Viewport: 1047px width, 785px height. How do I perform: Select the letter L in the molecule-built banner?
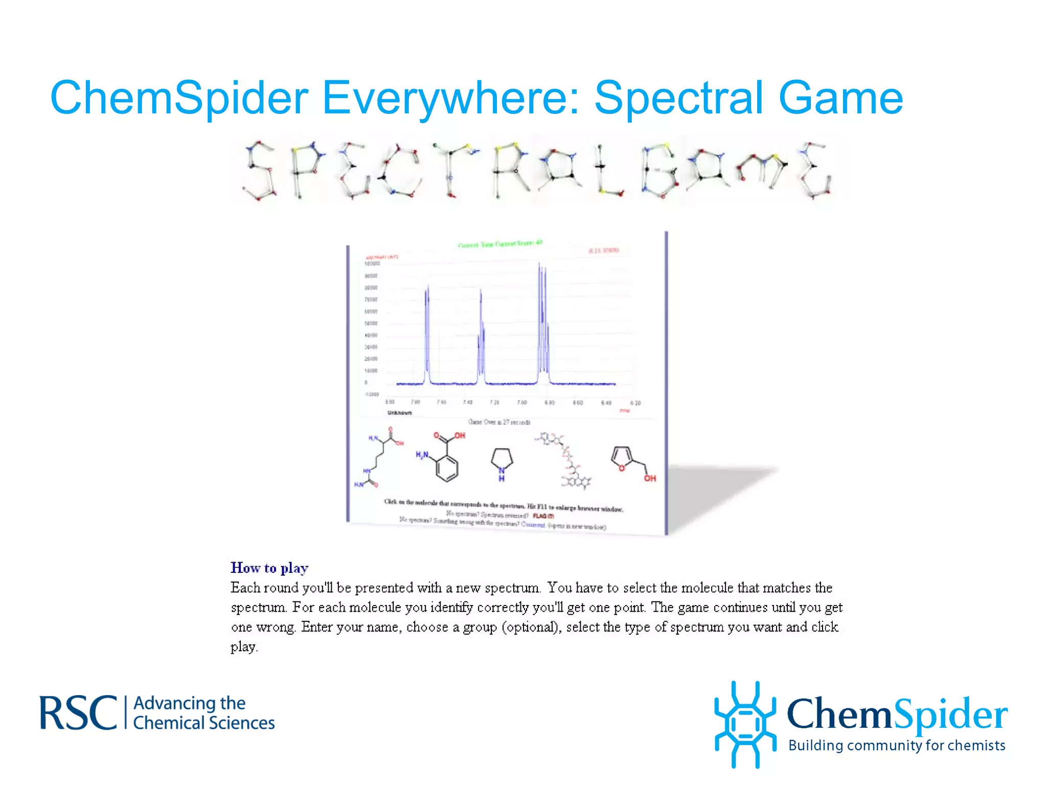point(608,171)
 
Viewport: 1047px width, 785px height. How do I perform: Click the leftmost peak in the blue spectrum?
point(427,332)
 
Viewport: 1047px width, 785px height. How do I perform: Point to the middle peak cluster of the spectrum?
point(481,337)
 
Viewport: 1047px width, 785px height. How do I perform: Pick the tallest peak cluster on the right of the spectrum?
point(542,322)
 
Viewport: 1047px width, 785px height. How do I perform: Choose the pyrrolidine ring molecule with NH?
point(502,463)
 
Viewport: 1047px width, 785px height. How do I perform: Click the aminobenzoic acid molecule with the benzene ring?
point(442,457)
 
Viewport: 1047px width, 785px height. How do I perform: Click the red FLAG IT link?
point(543,516)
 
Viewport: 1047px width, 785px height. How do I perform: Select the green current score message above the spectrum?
point(500,244)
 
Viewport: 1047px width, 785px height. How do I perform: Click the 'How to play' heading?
point(269,568)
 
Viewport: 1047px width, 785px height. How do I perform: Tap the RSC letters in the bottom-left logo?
point(79,713)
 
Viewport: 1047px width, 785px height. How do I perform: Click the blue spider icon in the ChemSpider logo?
point(745,724)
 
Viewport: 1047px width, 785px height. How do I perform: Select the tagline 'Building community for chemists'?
point(897,746)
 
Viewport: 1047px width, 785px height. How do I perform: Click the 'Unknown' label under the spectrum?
point(399,412)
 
